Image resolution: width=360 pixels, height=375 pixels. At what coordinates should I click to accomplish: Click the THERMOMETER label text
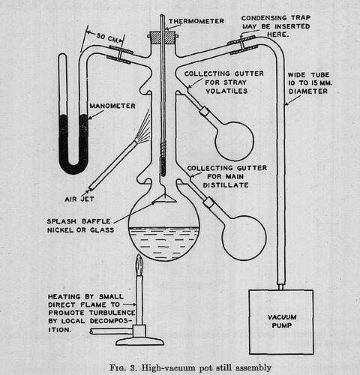tap(196, 21)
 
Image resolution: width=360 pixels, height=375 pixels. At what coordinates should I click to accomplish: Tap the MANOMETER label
tap(112, 106)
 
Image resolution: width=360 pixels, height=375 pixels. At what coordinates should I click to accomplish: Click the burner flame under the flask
tap(139, 265)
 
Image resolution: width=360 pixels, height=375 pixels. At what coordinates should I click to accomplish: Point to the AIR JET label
tap(79, 199)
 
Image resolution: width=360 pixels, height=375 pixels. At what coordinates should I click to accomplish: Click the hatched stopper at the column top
tap(163, 37)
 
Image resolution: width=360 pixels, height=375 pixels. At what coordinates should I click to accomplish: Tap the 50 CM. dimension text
tap(108, 37)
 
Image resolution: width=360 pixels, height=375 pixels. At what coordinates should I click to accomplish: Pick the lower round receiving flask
tap(244, 238)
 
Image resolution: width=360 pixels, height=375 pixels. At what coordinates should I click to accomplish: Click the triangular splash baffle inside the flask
tap(164, 199)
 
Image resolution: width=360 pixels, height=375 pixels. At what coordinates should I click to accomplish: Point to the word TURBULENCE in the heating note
tap(112, 313)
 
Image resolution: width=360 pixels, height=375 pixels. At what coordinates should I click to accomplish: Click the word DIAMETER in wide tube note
tap(308, 91)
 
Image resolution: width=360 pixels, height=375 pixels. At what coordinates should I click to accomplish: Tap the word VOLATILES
tap(226, 91)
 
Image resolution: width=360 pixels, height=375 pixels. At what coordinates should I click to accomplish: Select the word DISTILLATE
tap(226, 185)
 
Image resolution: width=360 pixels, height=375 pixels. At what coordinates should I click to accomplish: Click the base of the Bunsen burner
tap(139, 341)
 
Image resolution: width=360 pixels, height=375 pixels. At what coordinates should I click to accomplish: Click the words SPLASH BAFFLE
tap(79, 221)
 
